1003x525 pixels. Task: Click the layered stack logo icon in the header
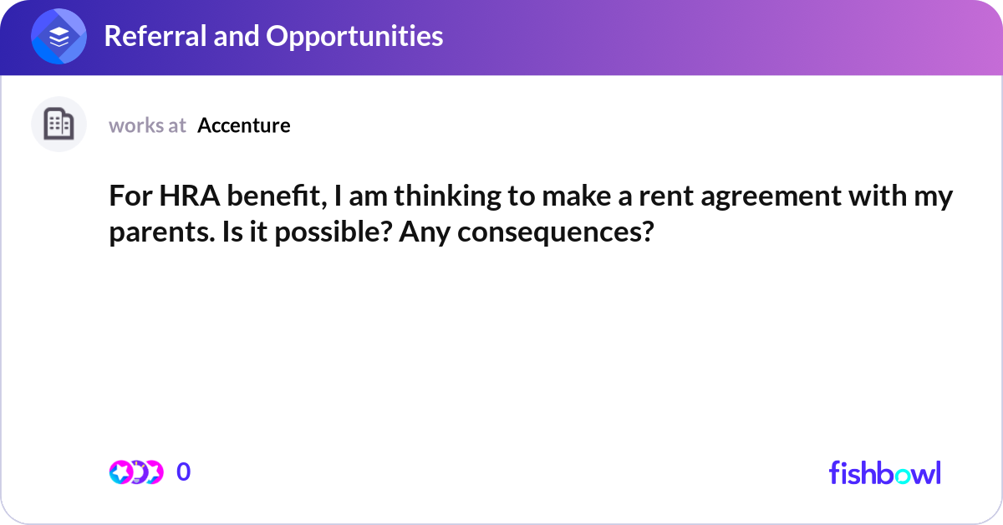(x=59, y=37)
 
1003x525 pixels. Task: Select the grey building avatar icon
(x=59, y=125)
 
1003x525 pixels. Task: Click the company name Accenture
(x=244, y=125)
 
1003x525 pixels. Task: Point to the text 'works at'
(x=147, y=125)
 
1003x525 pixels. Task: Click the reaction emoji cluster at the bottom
(x=135, y=472)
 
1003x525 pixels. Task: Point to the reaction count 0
(x=184, y=472)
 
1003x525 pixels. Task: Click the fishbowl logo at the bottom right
(x=884, y=472)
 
